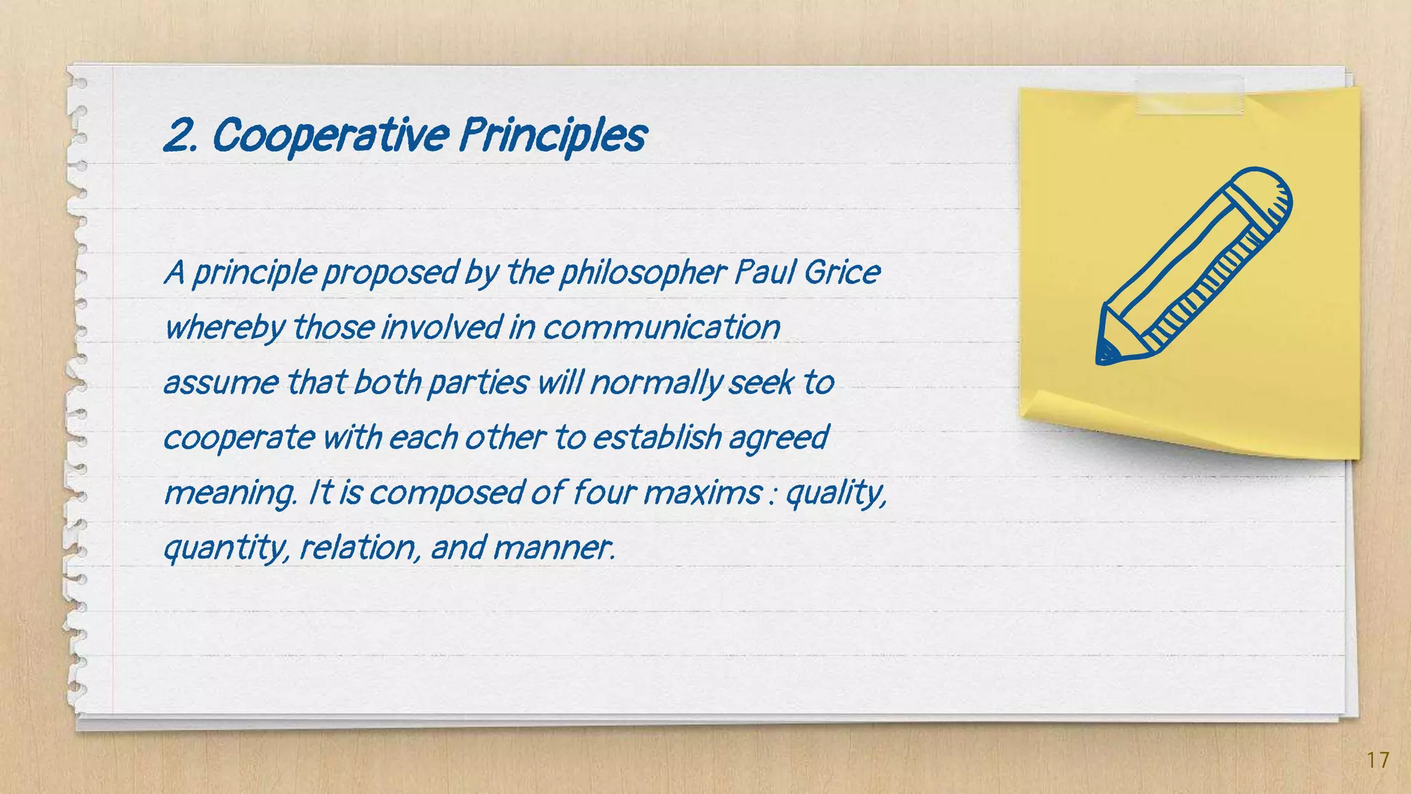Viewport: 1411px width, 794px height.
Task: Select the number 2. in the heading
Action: pyautogui.click(x=183, y=136)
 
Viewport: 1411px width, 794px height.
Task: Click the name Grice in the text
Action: pyautogui.click(x=841, y=272)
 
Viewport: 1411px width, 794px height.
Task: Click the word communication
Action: pyautogui.click(x=661, y=327)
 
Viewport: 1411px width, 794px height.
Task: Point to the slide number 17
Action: pyautogui.click(x=1378, y=760)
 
